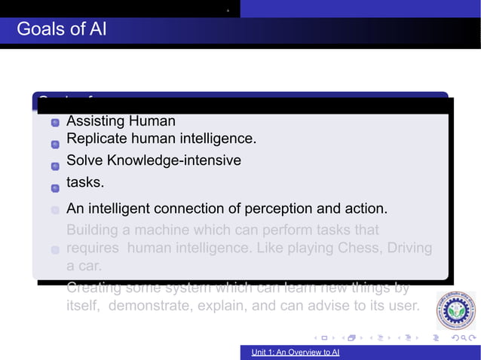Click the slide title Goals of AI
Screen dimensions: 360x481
61,29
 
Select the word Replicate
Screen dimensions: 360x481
94,139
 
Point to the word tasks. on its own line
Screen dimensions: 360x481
85,182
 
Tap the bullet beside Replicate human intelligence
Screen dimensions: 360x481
55,144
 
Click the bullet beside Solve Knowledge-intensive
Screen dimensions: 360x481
55,166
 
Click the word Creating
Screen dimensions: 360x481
95,288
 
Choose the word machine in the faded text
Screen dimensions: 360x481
163,229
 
